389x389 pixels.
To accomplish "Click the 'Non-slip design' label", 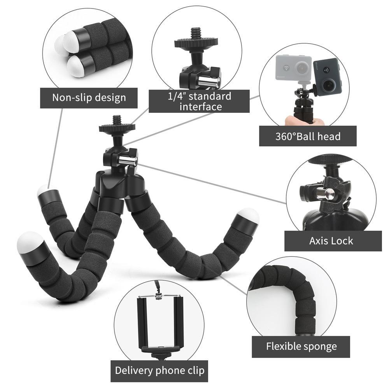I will pyautogui.click(x=89, y=97).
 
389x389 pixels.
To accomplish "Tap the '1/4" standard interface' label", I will pyautogui.click(x=199, y=101).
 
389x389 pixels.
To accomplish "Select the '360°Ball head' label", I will pyautogui.click(x=308, y=136).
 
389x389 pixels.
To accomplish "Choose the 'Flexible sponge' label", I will pyautogui.click(x=301, y=346).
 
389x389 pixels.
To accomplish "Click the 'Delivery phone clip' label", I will pyautogui.click(x=159, y=370).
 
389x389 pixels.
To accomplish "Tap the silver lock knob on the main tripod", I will pyautogui.click(x=127, y=160).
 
